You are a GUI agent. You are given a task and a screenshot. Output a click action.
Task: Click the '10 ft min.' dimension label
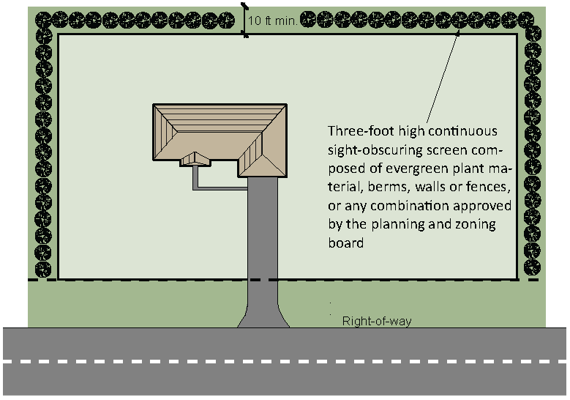tap(272, 21)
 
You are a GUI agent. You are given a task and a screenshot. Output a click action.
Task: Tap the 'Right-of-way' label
tap(377, 321)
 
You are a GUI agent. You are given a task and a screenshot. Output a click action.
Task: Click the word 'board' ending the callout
tap(345, 242)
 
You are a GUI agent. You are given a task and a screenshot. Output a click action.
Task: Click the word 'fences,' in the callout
tap(488, 187)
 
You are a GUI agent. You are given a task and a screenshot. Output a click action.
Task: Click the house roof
tap(220, 141)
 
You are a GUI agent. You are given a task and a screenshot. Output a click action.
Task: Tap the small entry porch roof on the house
tap(195, 159)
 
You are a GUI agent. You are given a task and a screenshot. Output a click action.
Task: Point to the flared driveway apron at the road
tap(263, 316)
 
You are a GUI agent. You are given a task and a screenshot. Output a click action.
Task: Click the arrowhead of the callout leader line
tap(457, 34)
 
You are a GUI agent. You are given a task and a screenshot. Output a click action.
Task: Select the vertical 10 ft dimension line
tap(244, 20)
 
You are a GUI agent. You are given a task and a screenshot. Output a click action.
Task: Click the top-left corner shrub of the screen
tap(44, 20)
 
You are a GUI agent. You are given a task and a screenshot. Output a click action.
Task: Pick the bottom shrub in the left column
tap(43, 270)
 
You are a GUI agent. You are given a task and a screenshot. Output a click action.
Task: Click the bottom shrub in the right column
tap(532, 267)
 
